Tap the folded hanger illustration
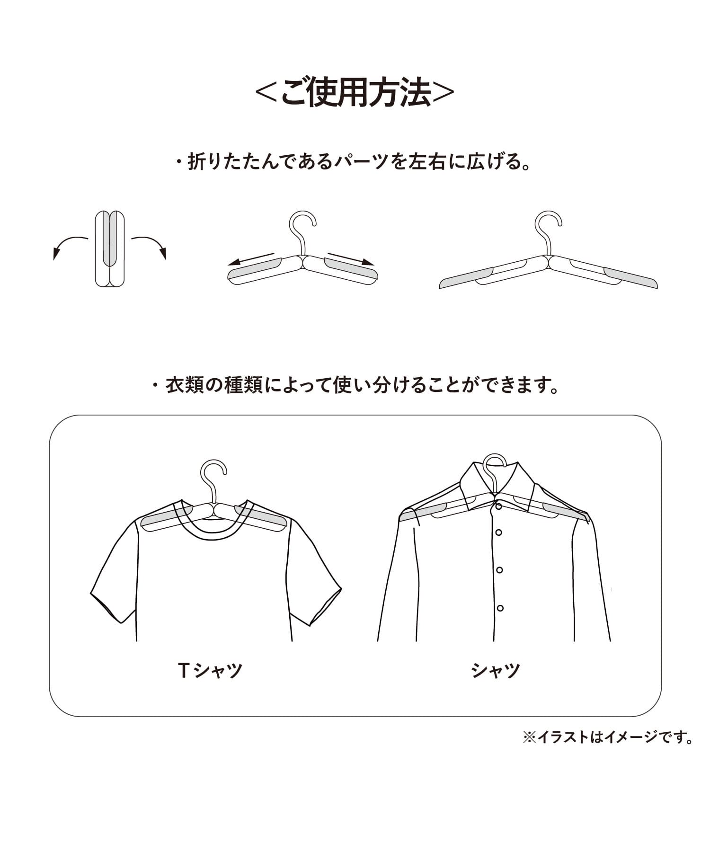coord(110,249)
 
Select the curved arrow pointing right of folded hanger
coord(150,246)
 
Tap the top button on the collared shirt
coord(498,506)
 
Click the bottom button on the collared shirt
coord(500,608)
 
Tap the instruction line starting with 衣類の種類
coord(355,385)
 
